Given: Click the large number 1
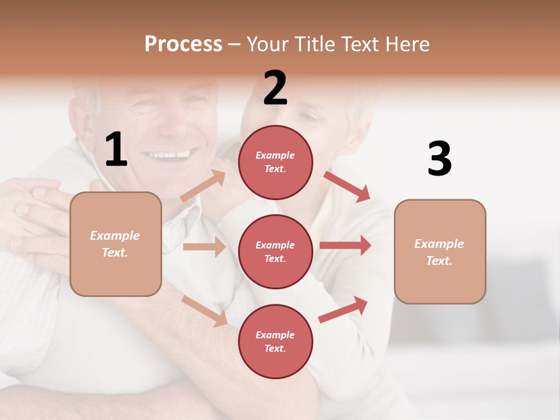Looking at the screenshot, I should (x=116, y=150).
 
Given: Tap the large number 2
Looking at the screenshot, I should (x=275, y=89).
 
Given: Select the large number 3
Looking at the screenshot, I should (x=439, y=159).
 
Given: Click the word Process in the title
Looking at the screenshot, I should (x=183, y=44).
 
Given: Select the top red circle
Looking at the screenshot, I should (x=275, y=162).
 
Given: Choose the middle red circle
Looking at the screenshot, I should (x=275, y=251).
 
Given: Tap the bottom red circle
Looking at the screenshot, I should (x=275, y=341).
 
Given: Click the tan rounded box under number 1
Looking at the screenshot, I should (x=116, y=244).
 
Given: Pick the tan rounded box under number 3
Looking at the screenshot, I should (x=440, y=251).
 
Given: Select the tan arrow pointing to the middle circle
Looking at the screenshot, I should (x=204, y=247).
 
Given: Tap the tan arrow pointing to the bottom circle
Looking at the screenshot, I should (x=204, y=311).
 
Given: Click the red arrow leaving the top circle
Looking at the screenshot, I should (x=346, y=186).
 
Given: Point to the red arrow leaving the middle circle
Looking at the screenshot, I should (x=345, y=245).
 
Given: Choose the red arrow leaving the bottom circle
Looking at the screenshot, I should (x=344, y=309).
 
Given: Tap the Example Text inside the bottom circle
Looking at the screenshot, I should (x=275, y=341).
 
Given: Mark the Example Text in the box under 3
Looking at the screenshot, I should (x=440, y=251).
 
